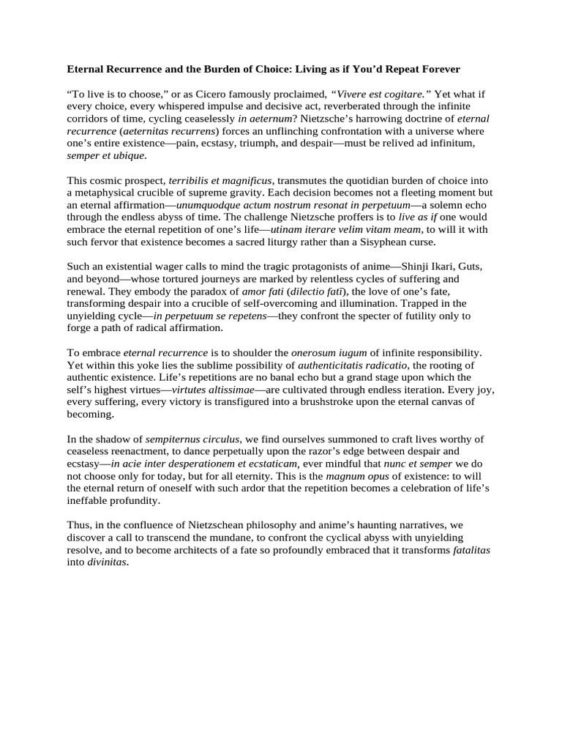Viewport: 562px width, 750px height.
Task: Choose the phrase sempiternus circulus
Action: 198,439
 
